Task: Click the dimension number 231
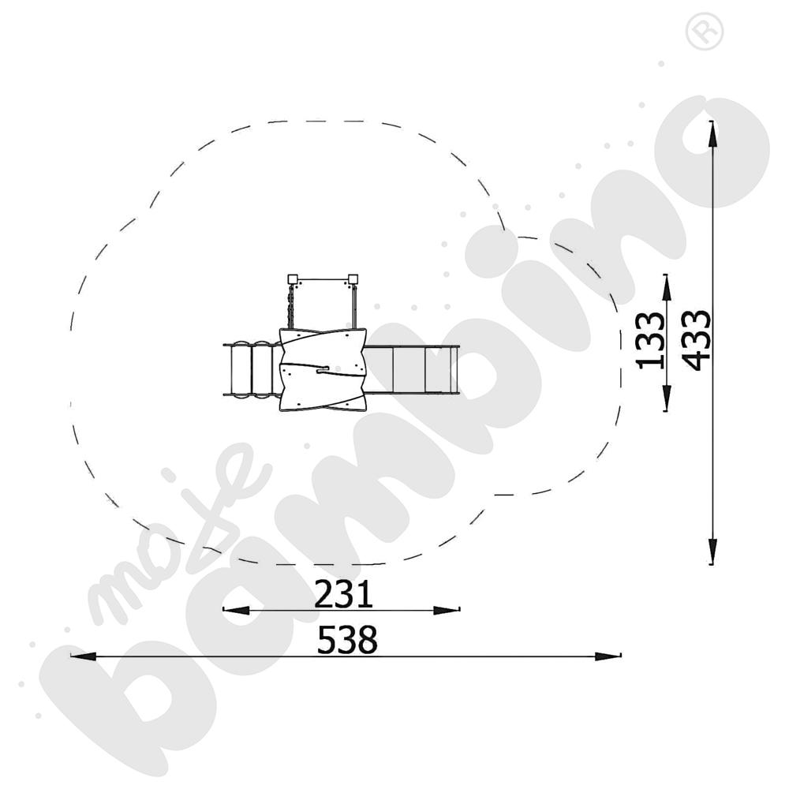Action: [343, 594]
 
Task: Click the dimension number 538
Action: [347, 640]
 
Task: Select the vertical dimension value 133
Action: [650, 341]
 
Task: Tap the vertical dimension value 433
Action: [696, 340]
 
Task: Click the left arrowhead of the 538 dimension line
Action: [83, 656]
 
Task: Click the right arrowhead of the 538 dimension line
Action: [608, 656]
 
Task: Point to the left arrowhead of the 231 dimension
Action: [236, 610]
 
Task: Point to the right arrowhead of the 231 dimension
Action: [447, 610]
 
